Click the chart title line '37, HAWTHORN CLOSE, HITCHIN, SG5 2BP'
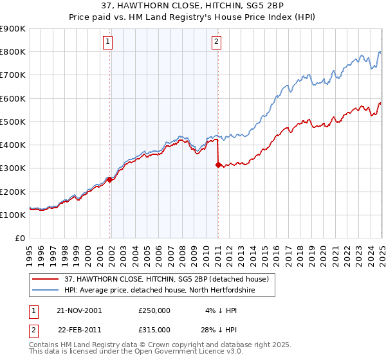(x=193, y=6)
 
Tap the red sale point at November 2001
(x=110, y=180)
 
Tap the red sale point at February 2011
(x=218, y=165)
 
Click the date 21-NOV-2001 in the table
(x=79, y=310)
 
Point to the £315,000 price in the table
(x=154, y=329)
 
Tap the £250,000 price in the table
(x=154, y=310)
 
